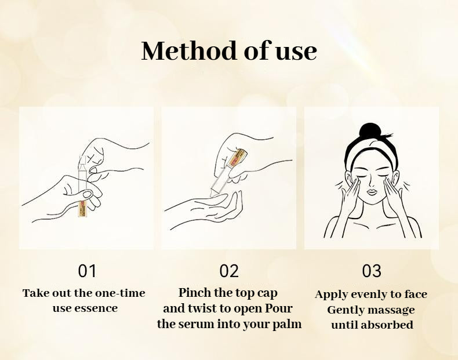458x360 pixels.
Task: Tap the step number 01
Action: tap(87, 271)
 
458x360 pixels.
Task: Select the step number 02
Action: tap(229, 271)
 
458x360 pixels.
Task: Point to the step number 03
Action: tap(372, 271)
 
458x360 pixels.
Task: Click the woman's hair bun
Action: tap(370, 131)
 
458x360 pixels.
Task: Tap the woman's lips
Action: tap(372, 192)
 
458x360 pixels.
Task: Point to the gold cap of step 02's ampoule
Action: tap(239, 158)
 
